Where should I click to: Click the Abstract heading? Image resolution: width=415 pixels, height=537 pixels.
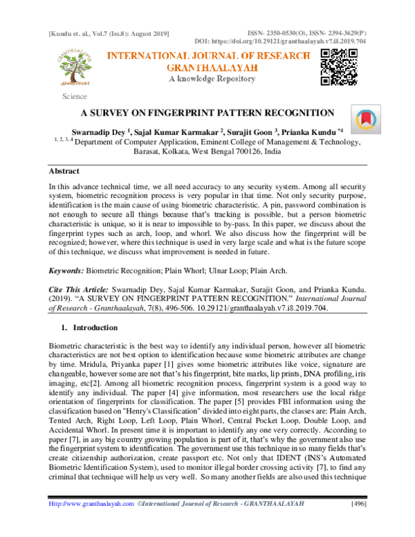coord(64,170)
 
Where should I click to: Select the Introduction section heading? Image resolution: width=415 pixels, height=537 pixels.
coord(95,327)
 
